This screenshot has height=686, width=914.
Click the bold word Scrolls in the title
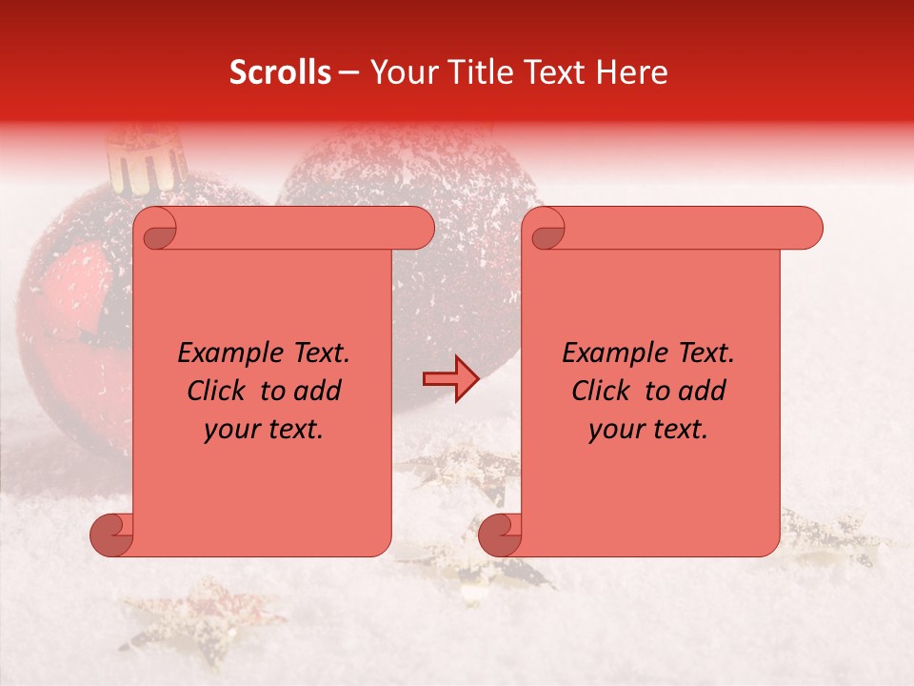280,72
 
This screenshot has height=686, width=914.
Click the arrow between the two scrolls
450,380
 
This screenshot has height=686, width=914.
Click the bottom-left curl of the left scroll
112,535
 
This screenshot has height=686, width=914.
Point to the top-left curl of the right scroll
546,230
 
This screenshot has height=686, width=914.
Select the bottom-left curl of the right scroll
500,535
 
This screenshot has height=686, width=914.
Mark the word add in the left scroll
316,391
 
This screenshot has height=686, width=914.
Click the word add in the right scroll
701,391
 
